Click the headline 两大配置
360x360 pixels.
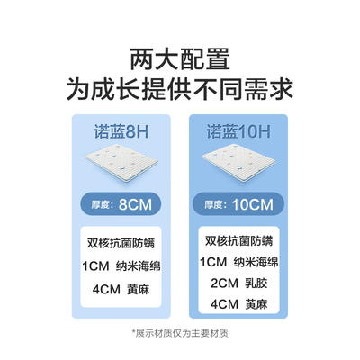click(x=180, y=59)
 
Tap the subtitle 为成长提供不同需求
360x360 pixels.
click(x=180, y=88)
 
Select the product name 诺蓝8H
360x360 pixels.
click(x=121, y=132)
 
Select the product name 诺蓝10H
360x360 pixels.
click(x=238, y=132)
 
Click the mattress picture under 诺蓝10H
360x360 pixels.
click(x=238, y=162)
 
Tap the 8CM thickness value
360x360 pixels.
click(x=135, y=205)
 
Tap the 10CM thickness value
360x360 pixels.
click(x=253, y=205)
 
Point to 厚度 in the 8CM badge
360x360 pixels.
click(x=101, y=205)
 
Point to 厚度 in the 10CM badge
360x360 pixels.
click(x=213, y=205)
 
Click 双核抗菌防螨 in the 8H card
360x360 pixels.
click(x=121, y=243)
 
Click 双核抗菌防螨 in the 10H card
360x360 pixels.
click(x=238, y=241)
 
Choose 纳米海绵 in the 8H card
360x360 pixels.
click(x=139, y=266)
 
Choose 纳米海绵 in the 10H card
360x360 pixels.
click(x=256, y=262)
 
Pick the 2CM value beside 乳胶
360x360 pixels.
click(x=224, y=283)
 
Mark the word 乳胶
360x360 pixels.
click(x=256, y=283)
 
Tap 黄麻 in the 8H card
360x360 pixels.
click(x=139, y=289)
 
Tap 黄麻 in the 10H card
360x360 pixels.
click(x=256, y=304)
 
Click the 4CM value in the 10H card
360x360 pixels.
click(x=224, y=304)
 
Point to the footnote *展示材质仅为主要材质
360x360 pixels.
click(x=180, y=333)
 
